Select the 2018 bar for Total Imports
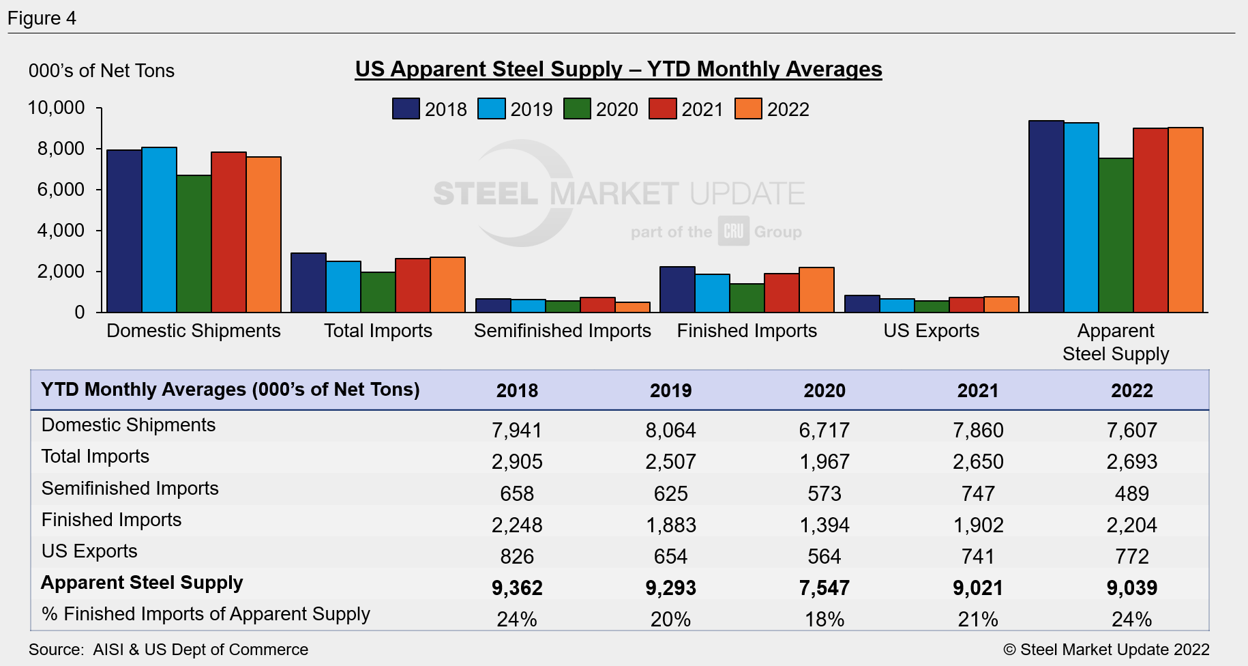click(308, 283)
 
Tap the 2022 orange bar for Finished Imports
click(816, 290)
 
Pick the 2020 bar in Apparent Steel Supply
click(1116, 235)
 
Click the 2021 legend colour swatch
click(662, 109)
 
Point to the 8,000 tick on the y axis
click(61, 149)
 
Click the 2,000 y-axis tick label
click(61, 272)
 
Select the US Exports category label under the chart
click(931, 331)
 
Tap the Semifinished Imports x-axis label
click(562, 331)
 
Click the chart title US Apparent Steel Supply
click(618, 69)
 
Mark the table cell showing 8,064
click(670, 431)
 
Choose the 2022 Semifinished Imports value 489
click(1131, 494)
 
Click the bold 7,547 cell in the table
click(824, 588)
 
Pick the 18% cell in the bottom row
click(824, 620)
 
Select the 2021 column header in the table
click(977, 391)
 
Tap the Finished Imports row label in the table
click(111, 520)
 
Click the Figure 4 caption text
click(42, 18)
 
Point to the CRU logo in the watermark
click(733, 231)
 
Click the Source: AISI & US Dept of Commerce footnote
click(168, 650)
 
